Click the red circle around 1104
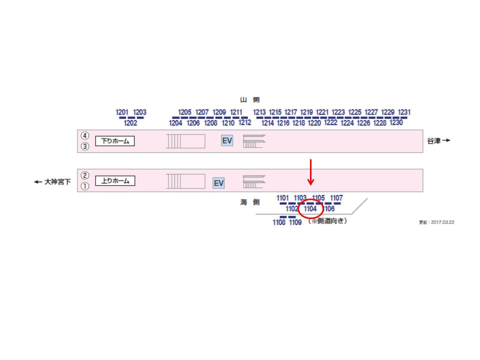click(x=310, y=208)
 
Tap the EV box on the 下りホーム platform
click(x=227, y=140)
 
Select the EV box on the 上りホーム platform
click(x=218, y=183)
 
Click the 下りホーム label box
click(x=115, y=141)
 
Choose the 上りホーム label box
click(x=115, y=180)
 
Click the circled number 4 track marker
click(x=85, y=135)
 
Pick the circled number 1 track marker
click(x=85, y=186)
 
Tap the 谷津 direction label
click(x=438, y=140)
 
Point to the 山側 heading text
click(x=249, y=100)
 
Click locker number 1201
click(x=122, y=112)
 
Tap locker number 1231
click(x=404, y=112)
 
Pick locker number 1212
click(x=244, y=122)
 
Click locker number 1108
click(x=279, y=222)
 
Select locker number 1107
click(x=336, y=198)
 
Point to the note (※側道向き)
click(x=327, y=220)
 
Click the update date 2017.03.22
click(x=436, y=222)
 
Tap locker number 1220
click(x=314, y=123)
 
